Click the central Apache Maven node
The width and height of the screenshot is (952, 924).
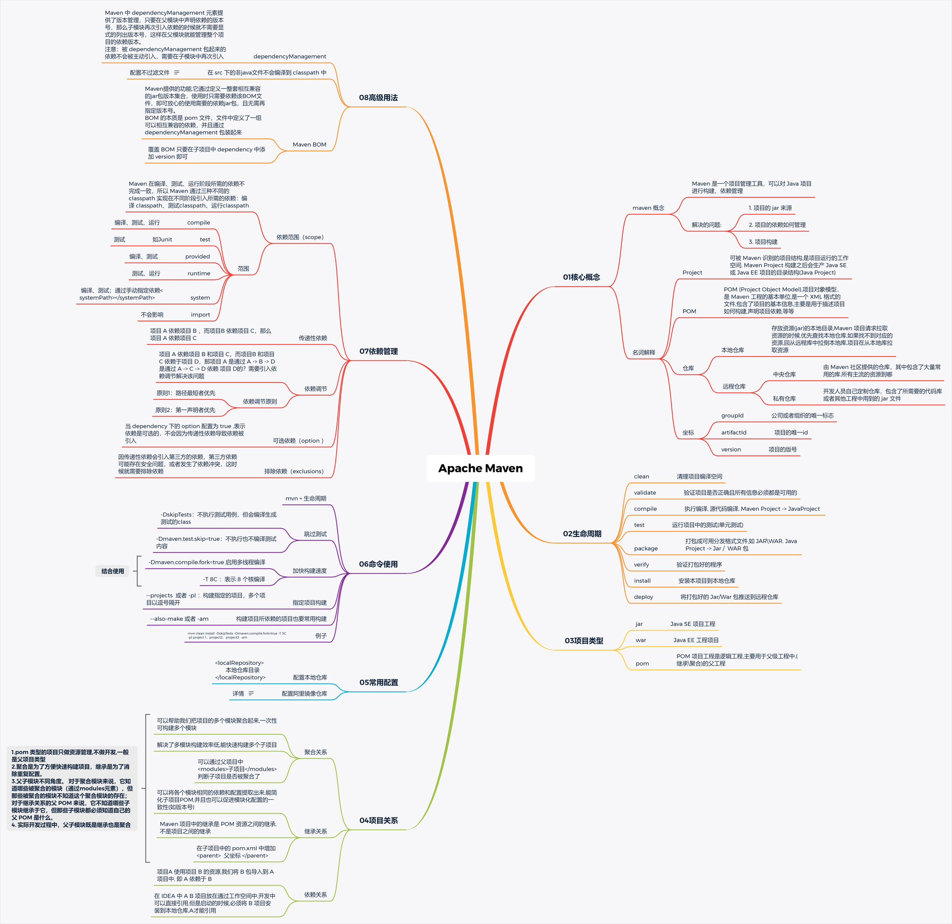coord(480,468)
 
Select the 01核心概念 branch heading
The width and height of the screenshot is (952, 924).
coord(582,277)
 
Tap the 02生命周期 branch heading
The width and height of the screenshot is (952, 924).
coord(582,533)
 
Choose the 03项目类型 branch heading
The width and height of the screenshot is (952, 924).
coord(584,640)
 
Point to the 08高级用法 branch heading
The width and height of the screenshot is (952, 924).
coord(378,98)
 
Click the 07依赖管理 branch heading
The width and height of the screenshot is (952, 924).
coord(378,351)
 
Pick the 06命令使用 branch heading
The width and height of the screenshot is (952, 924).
coord(378,564)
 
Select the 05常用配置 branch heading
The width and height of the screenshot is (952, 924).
coord(378,682)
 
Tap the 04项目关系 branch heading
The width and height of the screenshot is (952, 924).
coord(378,820)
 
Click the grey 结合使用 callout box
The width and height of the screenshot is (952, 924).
coord(112,571)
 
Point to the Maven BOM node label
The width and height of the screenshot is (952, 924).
coord(310,144)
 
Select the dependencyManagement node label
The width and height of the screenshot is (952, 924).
coord(290,56)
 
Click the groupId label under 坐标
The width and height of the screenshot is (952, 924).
coord(732,415)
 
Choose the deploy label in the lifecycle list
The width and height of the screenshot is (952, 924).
coord(643,597)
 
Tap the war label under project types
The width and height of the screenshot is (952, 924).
coord(641,640)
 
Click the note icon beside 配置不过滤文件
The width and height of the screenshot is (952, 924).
coord(177,73)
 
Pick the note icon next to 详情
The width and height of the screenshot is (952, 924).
coord(251,693)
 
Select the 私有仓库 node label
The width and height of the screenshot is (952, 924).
coord(784,399)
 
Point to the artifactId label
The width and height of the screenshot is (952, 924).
coord(734,432)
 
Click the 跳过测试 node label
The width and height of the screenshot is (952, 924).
coord(315,534)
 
